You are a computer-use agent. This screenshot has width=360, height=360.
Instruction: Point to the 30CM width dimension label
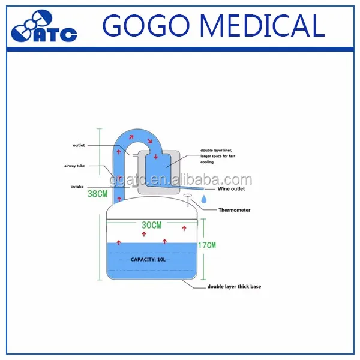(x=152, y=225)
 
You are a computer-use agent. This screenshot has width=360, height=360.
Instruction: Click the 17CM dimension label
(x=206, y=245)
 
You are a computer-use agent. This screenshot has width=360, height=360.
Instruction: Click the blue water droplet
(x=205, y=199)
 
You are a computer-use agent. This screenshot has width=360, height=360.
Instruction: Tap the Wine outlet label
(x=231, y=189)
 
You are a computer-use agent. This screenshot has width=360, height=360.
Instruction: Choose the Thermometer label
(x=235, y=210)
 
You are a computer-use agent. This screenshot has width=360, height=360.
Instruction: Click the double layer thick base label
(x=234, y=287)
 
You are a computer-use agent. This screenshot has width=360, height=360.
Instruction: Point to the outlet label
(x=79, y=145)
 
